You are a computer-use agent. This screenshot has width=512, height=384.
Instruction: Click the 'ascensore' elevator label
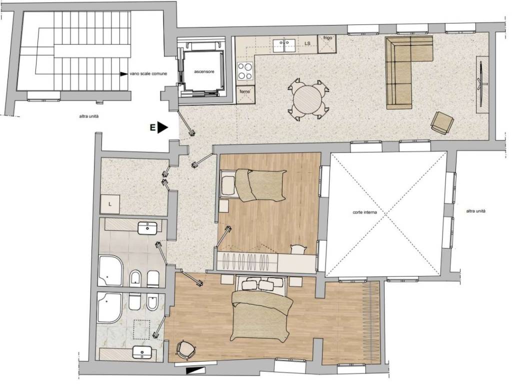click(x=204, y=71)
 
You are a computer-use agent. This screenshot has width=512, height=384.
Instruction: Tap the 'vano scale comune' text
click(x=148, y=74)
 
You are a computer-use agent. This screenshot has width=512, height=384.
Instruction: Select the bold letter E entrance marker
click(x=152, y=127)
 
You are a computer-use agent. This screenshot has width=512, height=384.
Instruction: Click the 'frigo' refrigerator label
click(x=327, y=38)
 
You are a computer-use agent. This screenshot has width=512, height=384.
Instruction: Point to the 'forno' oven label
click(x=245, y=92)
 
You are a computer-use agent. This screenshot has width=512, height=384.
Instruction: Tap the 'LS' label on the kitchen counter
click(x=307, y=43)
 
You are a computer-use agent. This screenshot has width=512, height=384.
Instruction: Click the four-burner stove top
click(x=245, y=71)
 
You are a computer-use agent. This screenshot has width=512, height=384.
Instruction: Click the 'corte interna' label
click(x=364, y=212)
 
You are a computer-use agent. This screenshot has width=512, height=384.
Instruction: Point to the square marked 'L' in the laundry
click(x=110, y=204)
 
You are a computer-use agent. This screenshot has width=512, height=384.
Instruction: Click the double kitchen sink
click(x=284, y=45)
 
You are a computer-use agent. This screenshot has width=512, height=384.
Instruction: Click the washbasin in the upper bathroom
click(x=148, y=228)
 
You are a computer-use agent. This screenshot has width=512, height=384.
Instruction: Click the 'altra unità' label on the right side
click(x=476, y=211)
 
